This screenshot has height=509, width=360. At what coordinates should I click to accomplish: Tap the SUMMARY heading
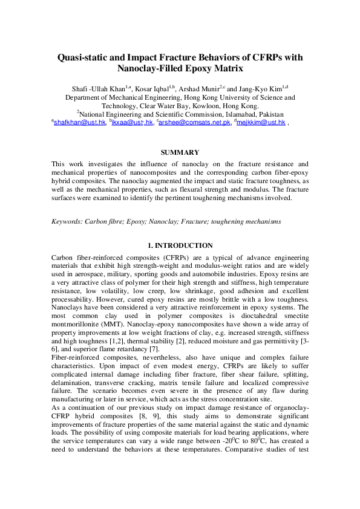[180, 153]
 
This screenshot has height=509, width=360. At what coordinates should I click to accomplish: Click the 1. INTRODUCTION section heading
[180, 245]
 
